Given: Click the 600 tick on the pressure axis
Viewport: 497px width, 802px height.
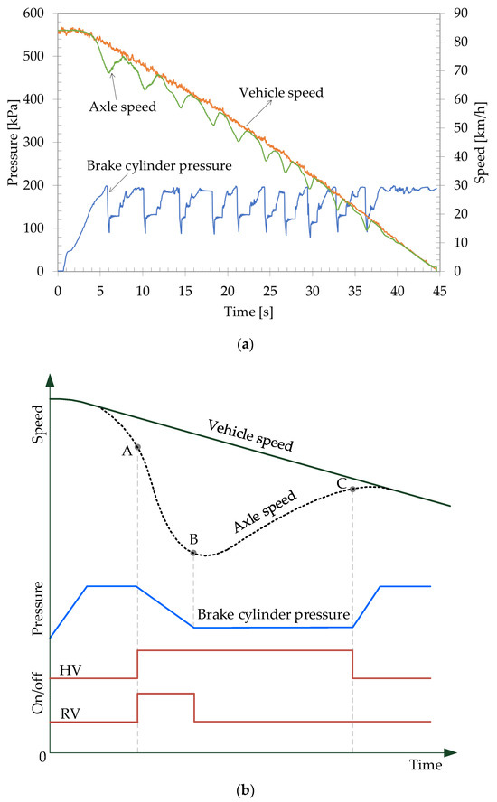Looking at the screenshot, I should pos(36,14).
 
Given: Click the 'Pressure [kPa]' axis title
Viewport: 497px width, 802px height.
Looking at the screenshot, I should pos(12,142).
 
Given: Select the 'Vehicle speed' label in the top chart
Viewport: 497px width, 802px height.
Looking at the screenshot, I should pos(275,91).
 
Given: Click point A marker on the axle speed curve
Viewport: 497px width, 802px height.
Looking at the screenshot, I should pos(137,446).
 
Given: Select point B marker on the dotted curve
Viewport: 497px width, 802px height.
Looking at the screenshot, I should pos(193,553).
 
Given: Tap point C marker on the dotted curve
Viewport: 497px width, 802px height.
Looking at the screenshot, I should pos(352,489).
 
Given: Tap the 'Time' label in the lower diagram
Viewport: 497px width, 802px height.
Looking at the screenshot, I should pos(425,766).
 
